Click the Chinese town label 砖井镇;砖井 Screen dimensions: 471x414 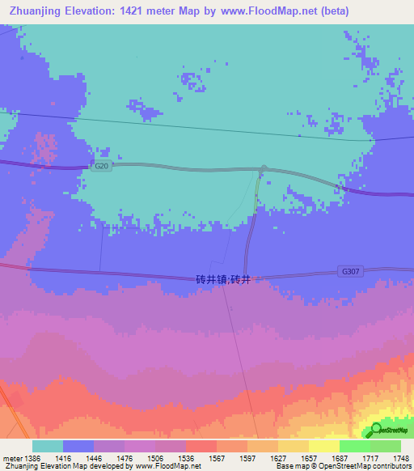click(x=223, y=279)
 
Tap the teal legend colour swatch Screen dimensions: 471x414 click(x=48, y=446)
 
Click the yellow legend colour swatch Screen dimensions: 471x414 click(x=323, y=446)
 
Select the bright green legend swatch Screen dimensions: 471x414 click(x=354, y=446)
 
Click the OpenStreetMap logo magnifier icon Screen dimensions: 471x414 click(x=376, y=430)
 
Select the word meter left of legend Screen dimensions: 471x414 click(x=11, y=458)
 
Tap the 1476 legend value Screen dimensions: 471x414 click(x=109, y=458)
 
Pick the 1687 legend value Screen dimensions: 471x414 click(x=339, y=458)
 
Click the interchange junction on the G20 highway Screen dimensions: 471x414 click(x=263, y=170)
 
